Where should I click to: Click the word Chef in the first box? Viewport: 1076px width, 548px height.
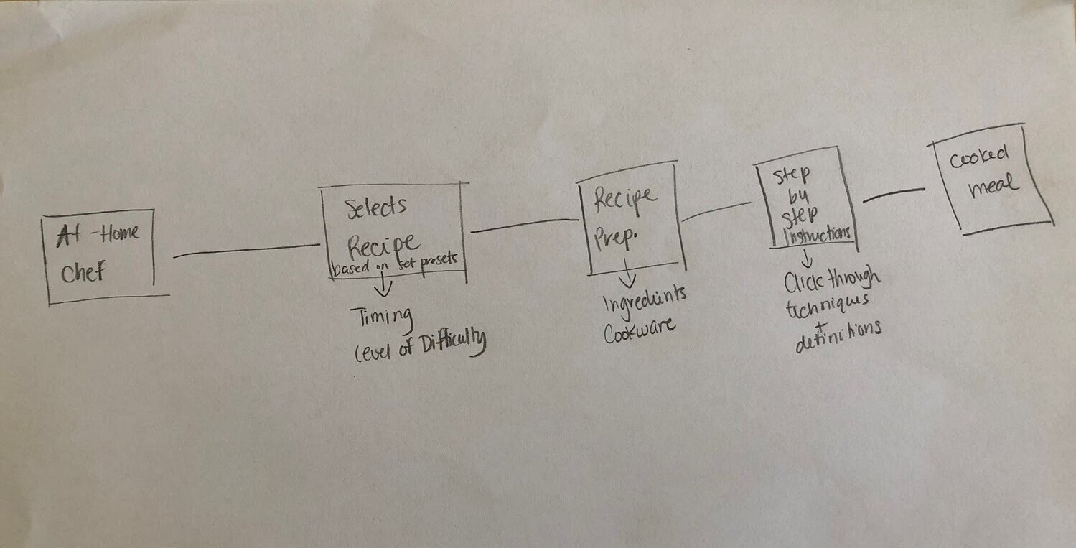pyautogui.click(x=85, y=273)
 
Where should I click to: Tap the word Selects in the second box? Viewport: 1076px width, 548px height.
pyautogui.click(x=377, y=207)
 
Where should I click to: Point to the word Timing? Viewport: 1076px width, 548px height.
pyautogui.click(x=380, y=315)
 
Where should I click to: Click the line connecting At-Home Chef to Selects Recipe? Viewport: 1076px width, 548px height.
pyautogui.click(x=246, y=251)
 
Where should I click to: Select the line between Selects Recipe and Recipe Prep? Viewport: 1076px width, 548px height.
pyautogui.click(x=523, y=225)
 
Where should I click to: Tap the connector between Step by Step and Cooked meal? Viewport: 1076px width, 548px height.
pyautogui.click(x=893, y=194)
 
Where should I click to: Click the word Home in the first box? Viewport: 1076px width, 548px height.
pyautogui.click(x=119, y=233)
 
